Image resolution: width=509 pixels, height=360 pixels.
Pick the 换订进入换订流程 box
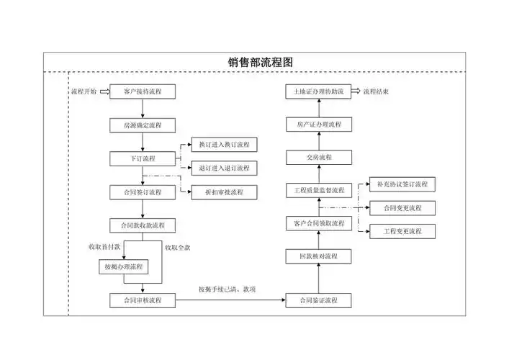coord(224,145)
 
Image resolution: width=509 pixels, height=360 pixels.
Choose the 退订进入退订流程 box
coord(224,168)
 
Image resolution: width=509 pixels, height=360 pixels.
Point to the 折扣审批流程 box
coord(224,192)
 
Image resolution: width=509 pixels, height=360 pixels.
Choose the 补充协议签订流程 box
coord(402,184)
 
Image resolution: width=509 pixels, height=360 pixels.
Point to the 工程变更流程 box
coord(402,232)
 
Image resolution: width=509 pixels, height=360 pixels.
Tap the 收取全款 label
coord(177,248)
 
